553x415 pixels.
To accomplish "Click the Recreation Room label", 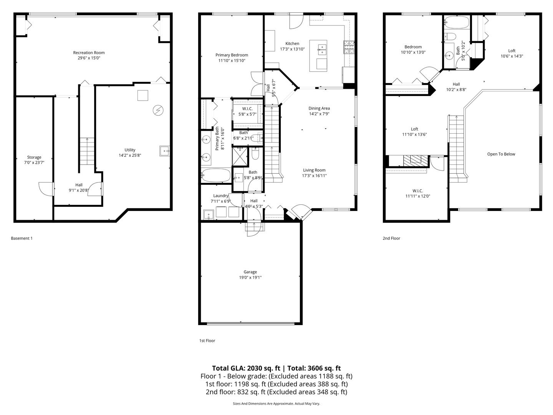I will click(89, 53).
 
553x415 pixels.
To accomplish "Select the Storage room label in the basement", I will click(34, 157).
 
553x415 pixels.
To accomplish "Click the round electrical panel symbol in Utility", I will click(157, 111).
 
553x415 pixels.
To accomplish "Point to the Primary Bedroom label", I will click(232, 55).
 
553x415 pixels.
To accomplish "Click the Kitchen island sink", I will click(322, 48).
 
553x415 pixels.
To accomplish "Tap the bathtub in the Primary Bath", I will click(215, 176).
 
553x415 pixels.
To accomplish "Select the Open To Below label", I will click(501, 154).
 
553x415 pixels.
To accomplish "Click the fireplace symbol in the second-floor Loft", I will click(415, 159).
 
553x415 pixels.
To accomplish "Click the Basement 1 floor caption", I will click(22, 238).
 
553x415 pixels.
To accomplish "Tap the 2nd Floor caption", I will click(391, 238).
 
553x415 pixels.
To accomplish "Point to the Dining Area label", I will click(319, 108).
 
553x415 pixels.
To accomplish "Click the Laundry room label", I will click(220, 196).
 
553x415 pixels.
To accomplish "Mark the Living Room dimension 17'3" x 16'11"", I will click(314, 176).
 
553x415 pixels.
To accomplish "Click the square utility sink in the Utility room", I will click(165, 151).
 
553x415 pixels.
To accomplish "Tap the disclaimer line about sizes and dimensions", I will click(276, 403).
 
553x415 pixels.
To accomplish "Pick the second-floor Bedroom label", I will click(413, 47).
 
